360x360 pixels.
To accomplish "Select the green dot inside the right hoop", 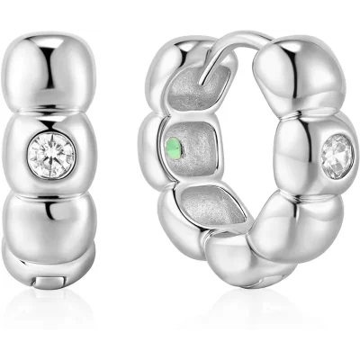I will pos(174,147).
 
